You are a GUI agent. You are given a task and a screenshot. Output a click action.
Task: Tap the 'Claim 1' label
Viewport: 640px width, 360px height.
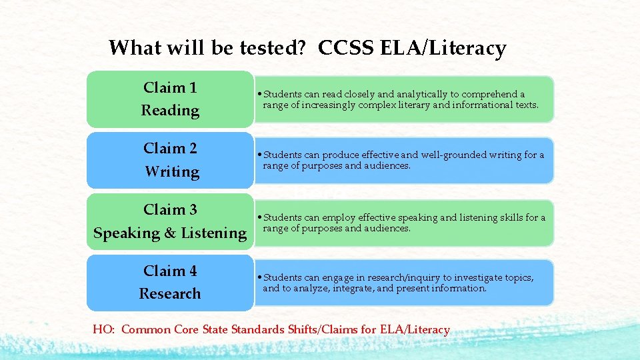tap(170, 87)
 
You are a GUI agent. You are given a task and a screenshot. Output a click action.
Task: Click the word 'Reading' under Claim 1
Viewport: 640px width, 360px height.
tap(170, 111)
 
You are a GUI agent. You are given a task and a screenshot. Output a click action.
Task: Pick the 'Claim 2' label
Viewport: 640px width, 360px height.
tap(170, 148)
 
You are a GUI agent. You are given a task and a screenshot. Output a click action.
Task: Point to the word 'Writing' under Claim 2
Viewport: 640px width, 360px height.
tap(172, 172)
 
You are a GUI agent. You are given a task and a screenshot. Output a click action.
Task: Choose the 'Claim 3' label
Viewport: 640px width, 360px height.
tap(170, 209)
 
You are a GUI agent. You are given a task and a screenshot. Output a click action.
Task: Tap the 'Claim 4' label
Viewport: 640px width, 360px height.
tap(170, 271)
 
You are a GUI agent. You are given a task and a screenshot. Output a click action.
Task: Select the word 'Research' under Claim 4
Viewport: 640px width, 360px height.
tap(170, 293)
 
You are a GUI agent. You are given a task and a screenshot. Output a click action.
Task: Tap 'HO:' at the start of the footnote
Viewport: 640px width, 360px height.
tap(104, 329)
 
